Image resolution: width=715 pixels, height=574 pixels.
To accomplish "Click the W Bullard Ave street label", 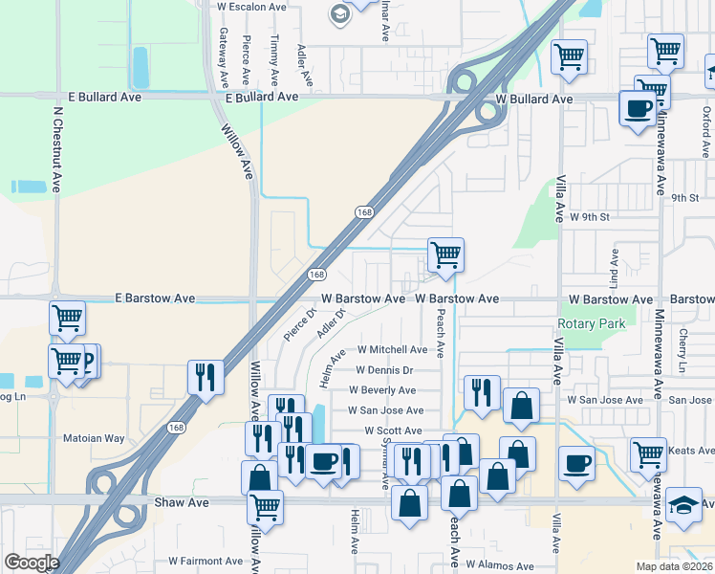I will click(x=534, y=99).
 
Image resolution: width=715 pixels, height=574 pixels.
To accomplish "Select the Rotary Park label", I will click(x=593, y=323).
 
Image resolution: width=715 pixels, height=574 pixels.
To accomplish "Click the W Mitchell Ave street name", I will click(x=392, y=350).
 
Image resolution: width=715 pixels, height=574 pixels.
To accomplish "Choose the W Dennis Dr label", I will click(x=383, y=370).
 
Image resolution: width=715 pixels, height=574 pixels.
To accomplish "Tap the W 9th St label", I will click(x=589, y=217).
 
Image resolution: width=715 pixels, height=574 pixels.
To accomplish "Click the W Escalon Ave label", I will click(x=252, y=6).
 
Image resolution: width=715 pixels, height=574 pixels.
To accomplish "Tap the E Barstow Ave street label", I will click(x=154, y=298).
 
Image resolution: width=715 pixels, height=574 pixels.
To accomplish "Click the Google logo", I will click(x=32, y=562).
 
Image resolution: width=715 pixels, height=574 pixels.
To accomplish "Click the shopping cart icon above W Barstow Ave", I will click(x=445, y=254).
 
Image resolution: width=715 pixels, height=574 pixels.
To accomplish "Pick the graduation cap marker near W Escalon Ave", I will click(x=339, y=12).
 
